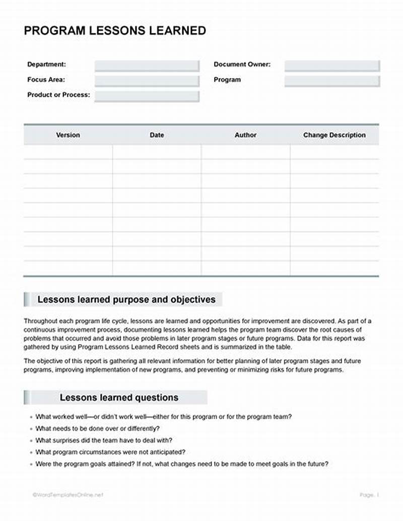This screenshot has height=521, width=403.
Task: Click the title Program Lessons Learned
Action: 115,31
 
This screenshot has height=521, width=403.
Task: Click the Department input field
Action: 147,66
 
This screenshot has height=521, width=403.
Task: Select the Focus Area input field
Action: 147,81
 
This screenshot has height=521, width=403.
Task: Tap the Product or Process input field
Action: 147,96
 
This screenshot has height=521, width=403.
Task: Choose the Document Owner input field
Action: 331,66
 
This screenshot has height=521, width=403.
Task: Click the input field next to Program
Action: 331,81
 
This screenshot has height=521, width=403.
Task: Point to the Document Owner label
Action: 242,64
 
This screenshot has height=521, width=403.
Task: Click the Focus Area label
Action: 46,80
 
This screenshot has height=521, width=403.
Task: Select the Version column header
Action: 68,135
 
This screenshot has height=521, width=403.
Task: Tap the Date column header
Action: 157,135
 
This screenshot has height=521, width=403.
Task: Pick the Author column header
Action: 245,135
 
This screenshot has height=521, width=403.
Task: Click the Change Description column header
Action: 334,135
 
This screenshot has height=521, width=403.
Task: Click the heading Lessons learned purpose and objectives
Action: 126,300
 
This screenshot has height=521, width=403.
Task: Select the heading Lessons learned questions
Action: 119,398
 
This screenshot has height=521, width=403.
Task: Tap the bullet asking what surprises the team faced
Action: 104,440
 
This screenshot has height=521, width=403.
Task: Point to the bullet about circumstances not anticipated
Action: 110,452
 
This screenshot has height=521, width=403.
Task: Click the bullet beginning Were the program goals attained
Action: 181,464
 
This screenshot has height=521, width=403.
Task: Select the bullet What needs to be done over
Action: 97,429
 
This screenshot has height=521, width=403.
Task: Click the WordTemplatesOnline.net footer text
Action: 68,495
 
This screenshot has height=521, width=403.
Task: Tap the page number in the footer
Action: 369,495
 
